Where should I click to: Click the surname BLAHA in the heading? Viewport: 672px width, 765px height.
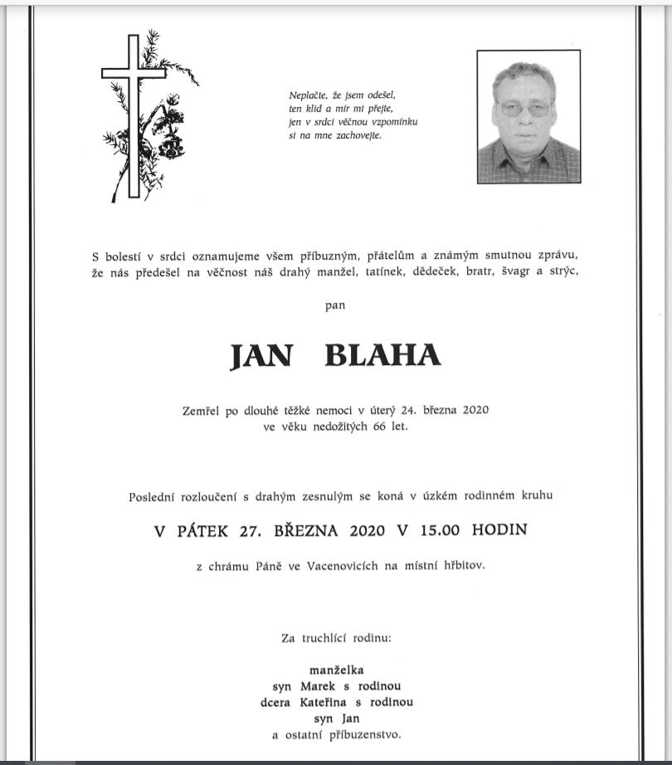pyautogui.click(x=382, y=355)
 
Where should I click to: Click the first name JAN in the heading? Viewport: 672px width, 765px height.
pyautogui.click(x=261, y=355)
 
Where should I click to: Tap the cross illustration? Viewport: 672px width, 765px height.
pyautogui.click(x=134, y=116)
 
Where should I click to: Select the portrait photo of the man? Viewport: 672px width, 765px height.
pyautogui.click(x=528, y=117)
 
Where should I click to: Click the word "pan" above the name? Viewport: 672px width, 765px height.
pyautogui.click(x=335, y=305)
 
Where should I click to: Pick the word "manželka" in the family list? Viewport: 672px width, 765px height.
pyautogui.click(x=336, y=669)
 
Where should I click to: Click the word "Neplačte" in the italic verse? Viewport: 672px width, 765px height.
pyautogui.click(x=307, y=94)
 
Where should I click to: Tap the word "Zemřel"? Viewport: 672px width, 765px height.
pyautogui.click(x=202, y=410)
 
